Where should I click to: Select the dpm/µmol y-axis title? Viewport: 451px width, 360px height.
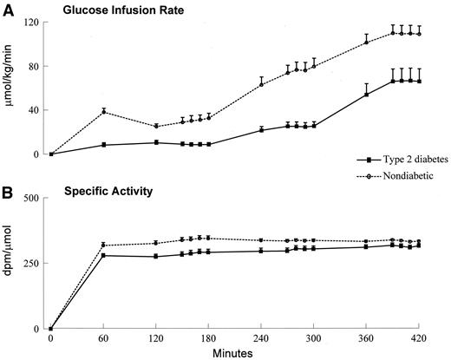point(12,263)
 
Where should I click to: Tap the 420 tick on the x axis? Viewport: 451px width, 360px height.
point(418,338)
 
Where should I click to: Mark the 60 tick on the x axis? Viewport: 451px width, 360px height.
point(103,338)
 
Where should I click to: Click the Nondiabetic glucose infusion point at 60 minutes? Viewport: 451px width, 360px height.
point(103,111)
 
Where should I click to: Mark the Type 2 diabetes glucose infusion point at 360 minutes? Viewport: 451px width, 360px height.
point(365,94)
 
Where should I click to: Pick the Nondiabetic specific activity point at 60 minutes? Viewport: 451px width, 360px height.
point(103,245)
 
